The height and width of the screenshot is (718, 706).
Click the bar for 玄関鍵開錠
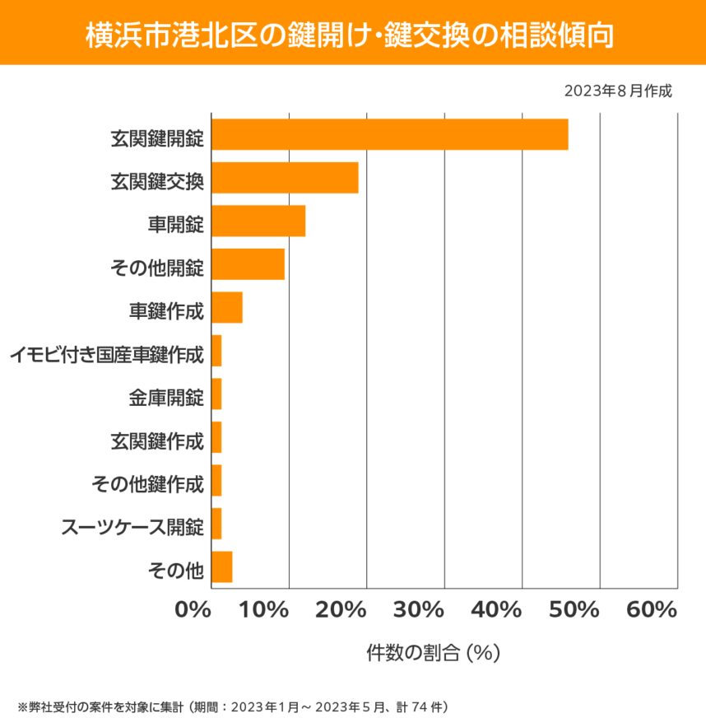[x=389, y=134]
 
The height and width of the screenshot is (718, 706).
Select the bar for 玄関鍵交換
[x=285, y=178]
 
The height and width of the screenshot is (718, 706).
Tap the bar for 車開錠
[x=258, y=221]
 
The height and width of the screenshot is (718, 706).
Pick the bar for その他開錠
[x=248, y=264]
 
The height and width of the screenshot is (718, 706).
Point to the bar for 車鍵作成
[x=227, y=307]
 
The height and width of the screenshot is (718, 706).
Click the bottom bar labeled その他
[x=222, y=567]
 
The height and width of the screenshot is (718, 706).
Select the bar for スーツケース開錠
[x=216, y=524]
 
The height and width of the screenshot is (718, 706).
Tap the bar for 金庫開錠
[x=216, y=394]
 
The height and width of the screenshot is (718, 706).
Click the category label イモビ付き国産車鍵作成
[x=106, y=356]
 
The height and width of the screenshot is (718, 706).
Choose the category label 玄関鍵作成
[x=156, y=442]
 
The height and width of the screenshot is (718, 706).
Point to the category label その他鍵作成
[x=147, y=485]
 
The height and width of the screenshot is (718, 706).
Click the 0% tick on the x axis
[x=193, y=610]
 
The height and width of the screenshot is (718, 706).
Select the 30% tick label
[x=420, y=610]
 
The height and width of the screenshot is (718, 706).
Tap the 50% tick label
[x=574, y=610]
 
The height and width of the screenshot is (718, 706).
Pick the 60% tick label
[x=651, y=610]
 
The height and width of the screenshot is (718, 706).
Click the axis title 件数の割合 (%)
[x=434, y=653]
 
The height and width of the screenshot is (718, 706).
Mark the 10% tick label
[x=265, y=610]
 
